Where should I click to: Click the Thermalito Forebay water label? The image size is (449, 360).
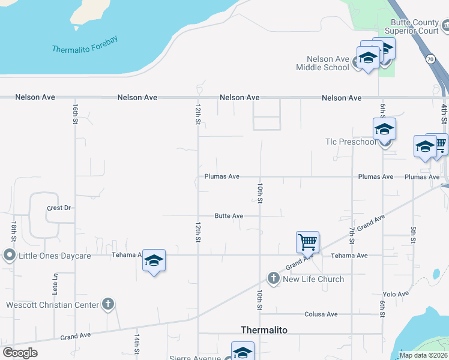tap(85, 45)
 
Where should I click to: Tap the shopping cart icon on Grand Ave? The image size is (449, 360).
tap(307, 243)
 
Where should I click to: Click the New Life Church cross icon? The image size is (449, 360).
tap(274, 278)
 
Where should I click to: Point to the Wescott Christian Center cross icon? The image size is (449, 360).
tap(108, 304)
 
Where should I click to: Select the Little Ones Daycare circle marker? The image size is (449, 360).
tap(9, 256)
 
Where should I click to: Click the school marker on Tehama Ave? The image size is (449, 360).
tap(154, 261)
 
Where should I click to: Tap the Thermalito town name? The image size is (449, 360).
tap(264, 330)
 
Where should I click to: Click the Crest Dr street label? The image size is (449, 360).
tap(59, 208)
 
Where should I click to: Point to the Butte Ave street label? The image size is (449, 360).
tap(229, 216)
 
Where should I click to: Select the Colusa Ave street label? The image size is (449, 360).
tap(321, 314)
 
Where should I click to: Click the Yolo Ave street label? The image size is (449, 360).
tap(396, 294)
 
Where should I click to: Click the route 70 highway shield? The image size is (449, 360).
tap(430, 59)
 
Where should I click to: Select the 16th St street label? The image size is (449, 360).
tap(75, 113)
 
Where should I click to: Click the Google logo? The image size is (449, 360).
tap(20, 353)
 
